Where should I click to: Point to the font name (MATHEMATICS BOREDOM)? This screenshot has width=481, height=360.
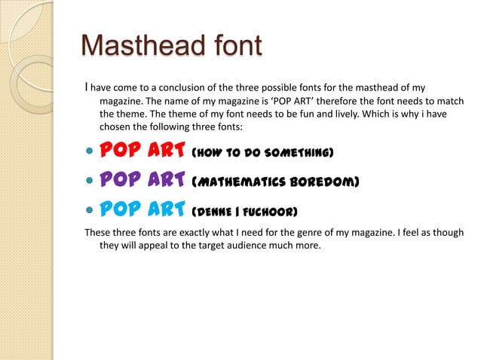[x=275, y=182]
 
